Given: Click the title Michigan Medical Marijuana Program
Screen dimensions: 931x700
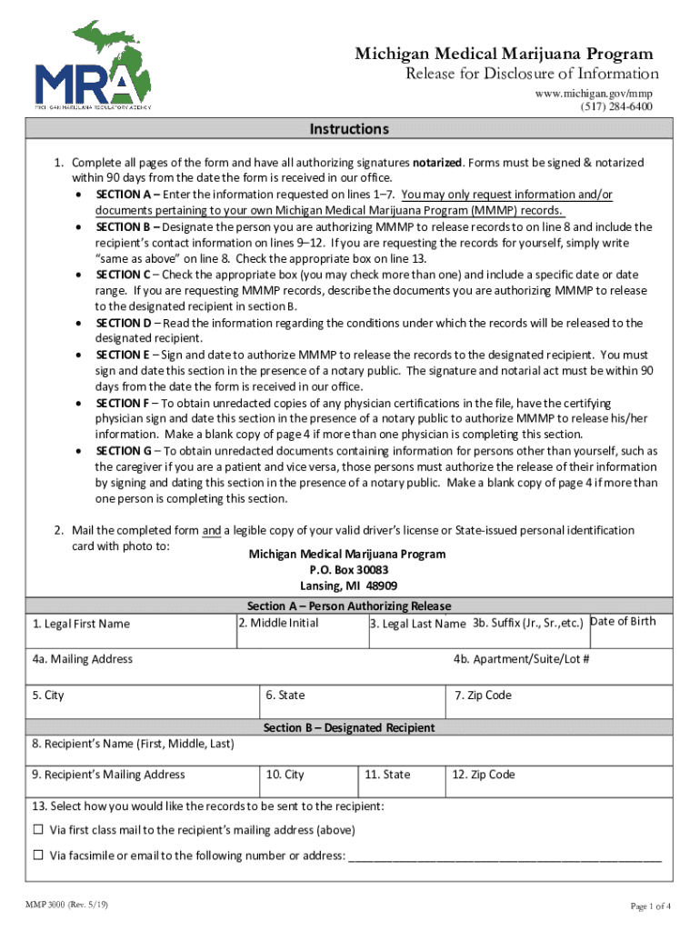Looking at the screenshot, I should coord(504,55).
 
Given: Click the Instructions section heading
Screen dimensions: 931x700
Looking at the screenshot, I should coord(349,129).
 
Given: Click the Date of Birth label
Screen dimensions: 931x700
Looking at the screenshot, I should coord(623,622).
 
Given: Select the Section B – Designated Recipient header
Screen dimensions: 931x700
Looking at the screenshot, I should coord(349,728).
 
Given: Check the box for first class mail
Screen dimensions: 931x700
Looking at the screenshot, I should coord(38,830).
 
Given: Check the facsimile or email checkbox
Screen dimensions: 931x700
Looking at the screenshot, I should coord(38,856).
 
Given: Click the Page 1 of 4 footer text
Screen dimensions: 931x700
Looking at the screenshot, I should coord(651,906).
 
